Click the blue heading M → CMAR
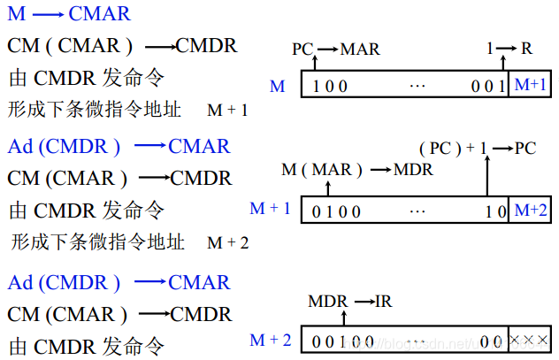[69, 14]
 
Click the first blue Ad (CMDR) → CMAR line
[119, 146]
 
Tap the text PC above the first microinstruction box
[302, 49]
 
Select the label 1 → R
[509, 49]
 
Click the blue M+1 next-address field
[530, 85]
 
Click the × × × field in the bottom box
[531, 340]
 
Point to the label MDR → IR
[349, 302]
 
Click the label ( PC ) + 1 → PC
[477, 148]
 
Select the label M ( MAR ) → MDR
[356, 169]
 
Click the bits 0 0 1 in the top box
[489, 86]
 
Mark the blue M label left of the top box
[277, 86]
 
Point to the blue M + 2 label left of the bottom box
[270, 340]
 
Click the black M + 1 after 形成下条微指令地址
[227, 111]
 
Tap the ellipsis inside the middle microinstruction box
[417, 211]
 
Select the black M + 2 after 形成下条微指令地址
[228, 242]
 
